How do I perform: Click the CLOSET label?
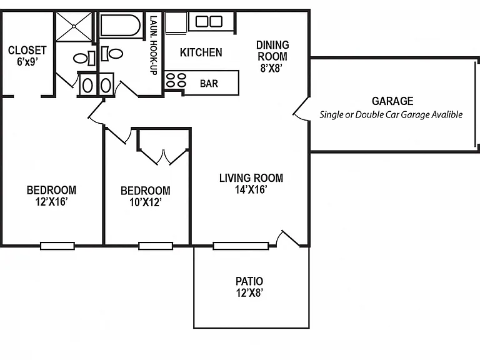[x=27, y=50]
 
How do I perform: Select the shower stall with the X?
[x=74, y=27]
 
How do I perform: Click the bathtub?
[x=120, y=25]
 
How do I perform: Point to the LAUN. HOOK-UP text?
[x=153, y=45]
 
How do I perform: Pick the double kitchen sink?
[x=209, y=21]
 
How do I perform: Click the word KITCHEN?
[x=201, y=52]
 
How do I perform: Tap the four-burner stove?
[x=176, y=80]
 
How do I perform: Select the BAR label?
[x=209, y=83]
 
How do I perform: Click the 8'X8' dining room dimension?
[x=271, y=68]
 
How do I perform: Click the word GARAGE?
[x=392, y=101]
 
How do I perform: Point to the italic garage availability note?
[x=391, y=114]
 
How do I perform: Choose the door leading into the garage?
[x=301, y=109]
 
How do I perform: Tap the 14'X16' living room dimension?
[x=251, y=189]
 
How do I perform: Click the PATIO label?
[x=249, y=281]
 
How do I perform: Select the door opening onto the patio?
[x=287, y=238]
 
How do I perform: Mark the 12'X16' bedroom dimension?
[x=51, y=202]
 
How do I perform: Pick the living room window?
[x=241, y=246]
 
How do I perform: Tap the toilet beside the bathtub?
[x=112, y=54]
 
